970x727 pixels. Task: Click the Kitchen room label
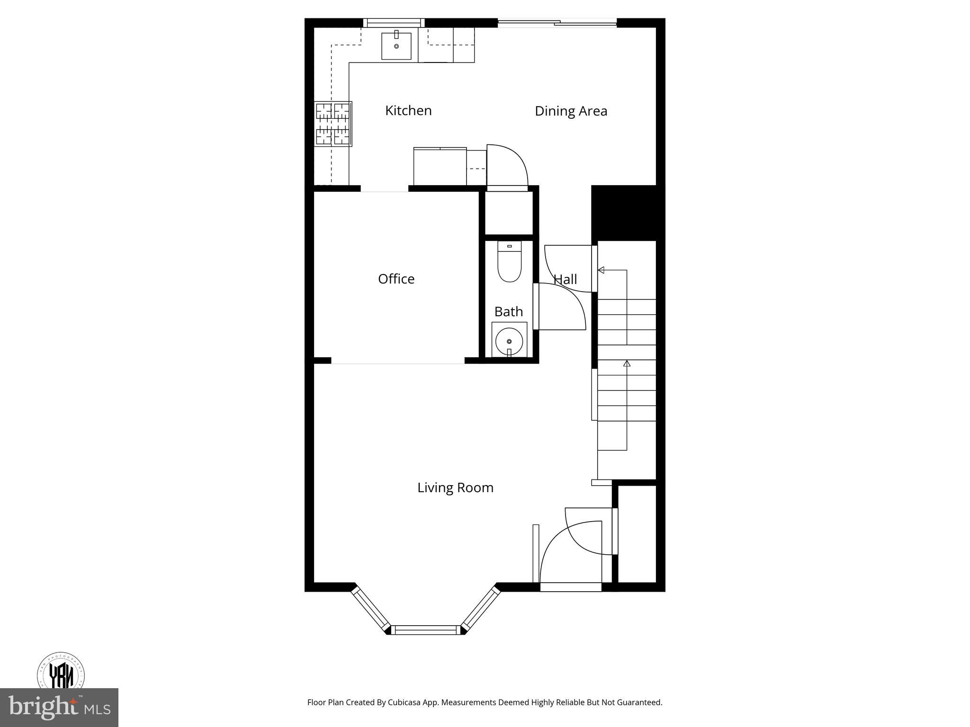point(408,111)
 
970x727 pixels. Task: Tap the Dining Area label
point(571,111)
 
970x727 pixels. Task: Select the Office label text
point(396,279)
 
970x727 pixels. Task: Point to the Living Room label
point(455,488)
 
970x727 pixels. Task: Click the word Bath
point(508,311)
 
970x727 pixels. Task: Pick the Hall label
point(565,279)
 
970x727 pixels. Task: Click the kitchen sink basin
point(396,46)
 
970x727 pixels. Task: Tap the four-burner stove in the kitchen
point(333,124)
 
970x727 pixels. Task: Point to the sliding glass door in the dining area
point(557,22)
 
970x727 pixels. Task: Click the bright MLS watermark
point(59,708)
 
